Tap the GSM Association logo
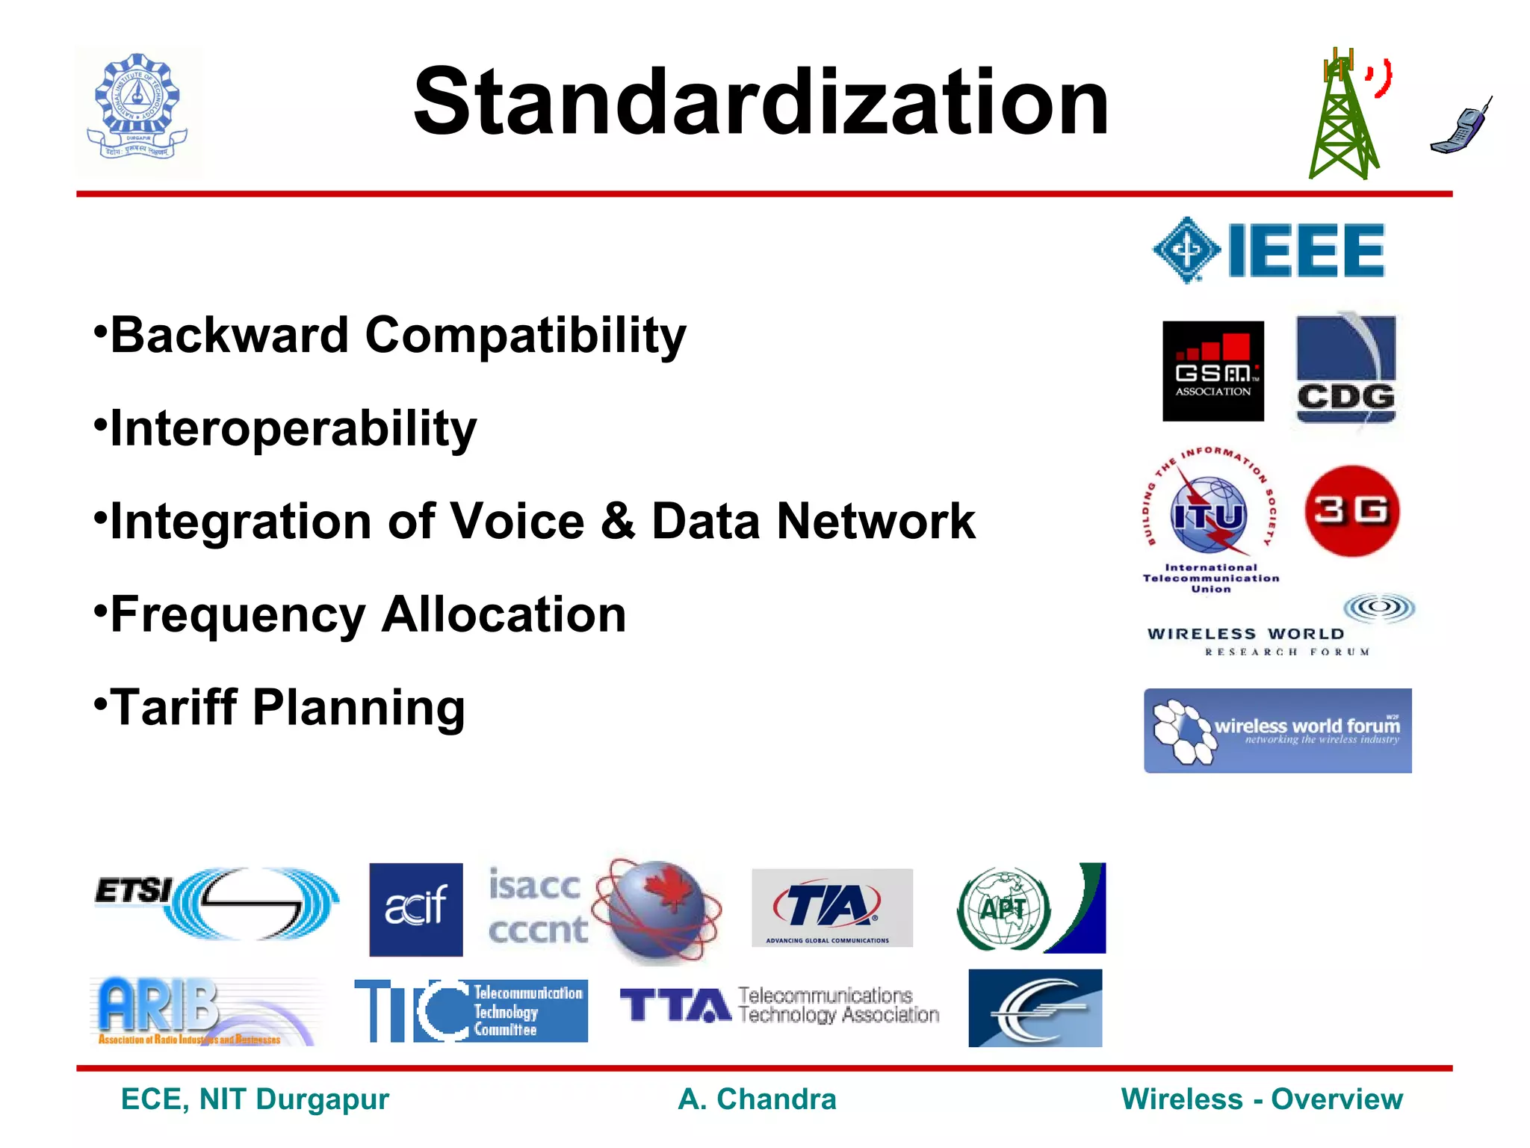point(1212,371)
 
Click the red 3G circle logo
point(1351,511)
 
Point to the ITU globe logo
point(1209,514)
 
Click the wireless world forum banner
point(1277,730)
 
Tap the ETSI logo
point(217,904)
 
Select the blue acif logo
point(416,909)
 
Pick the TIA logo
point(831,907)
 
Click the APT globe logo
point(1003,908)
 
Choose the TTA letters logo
point(675,1005)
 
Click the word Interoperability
point(293,428)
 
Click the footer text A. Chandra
point(757,1099)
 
